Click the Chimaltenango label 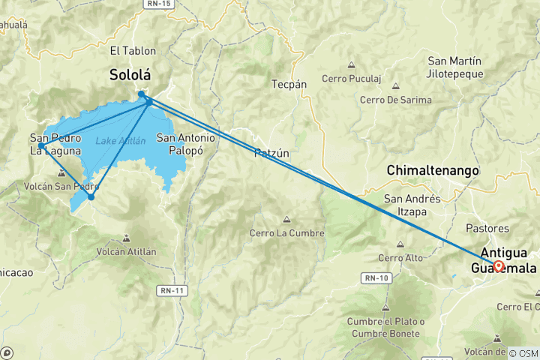coord(433,171)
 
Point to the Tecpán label coord(289,85)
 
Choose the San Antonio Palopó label coord(185,144)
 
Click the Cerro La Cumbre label coord(287,233)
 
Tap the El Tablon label coord(133,51)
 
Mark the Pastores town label coord(487,228)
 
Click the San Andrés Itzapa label coord(412,205)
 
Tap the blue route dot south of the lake coord(91,197)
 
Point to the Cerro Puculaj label coord(352,79)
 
